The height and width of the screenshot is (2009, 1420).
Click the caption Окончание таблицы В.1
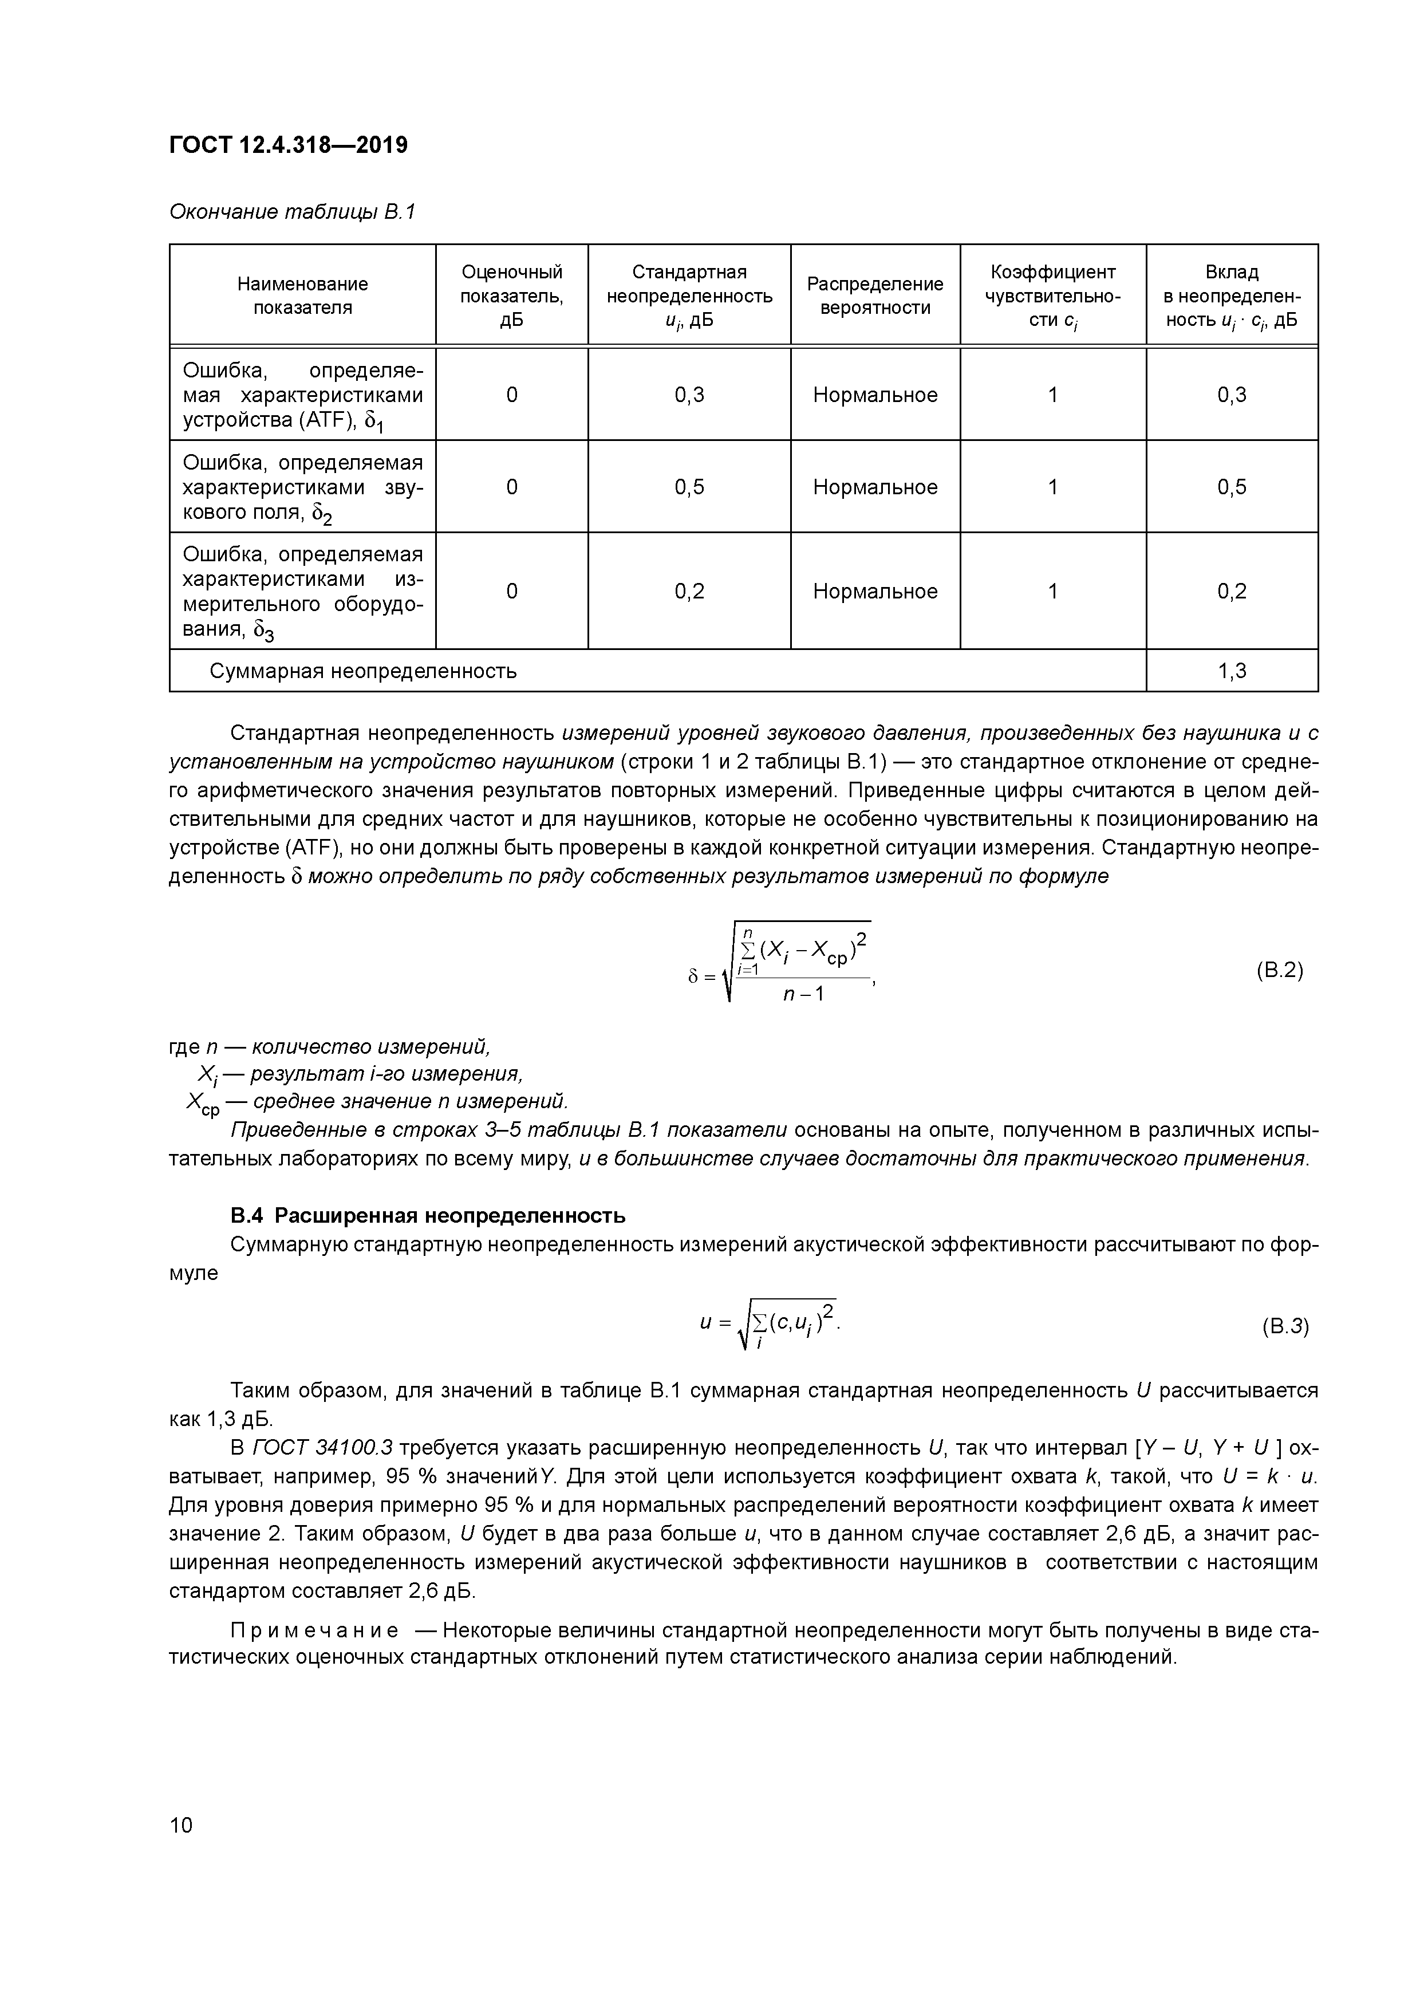(291, 212)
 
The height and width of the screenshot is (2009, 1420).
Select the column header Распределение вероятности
(874, 296)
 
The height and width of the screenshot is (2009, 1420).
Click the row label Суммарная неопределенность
(363, 671)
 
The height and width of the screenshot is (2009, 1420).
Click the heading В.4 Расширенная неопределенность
(428, 1216)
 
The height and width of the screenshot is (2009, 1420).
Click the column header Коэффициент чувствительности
(1052, 296)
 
